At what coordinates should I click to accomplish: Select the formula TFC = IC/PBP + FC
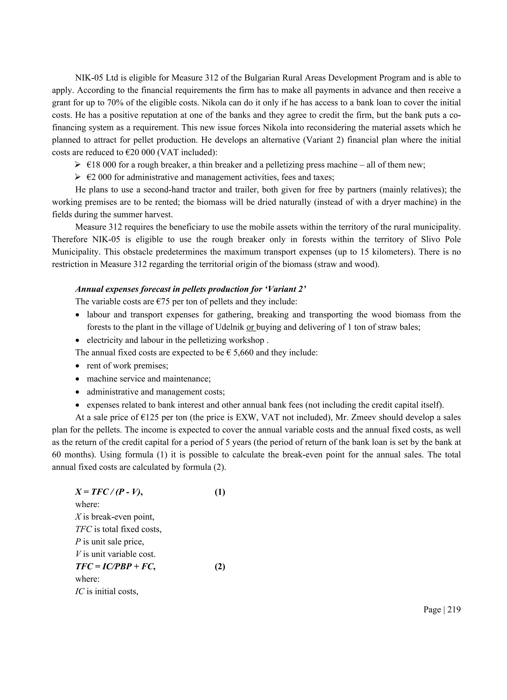[x=115, y=567]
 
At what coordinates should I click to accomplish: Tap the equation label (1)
[x=220, y=492]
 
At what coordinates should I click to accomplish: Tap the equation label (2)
[x=220, y=567]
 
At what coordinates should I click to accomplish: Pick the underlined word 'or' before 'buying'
[x=250, y=327]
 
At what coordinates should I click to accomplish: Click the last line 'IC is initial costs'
[x=107, y=591]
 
